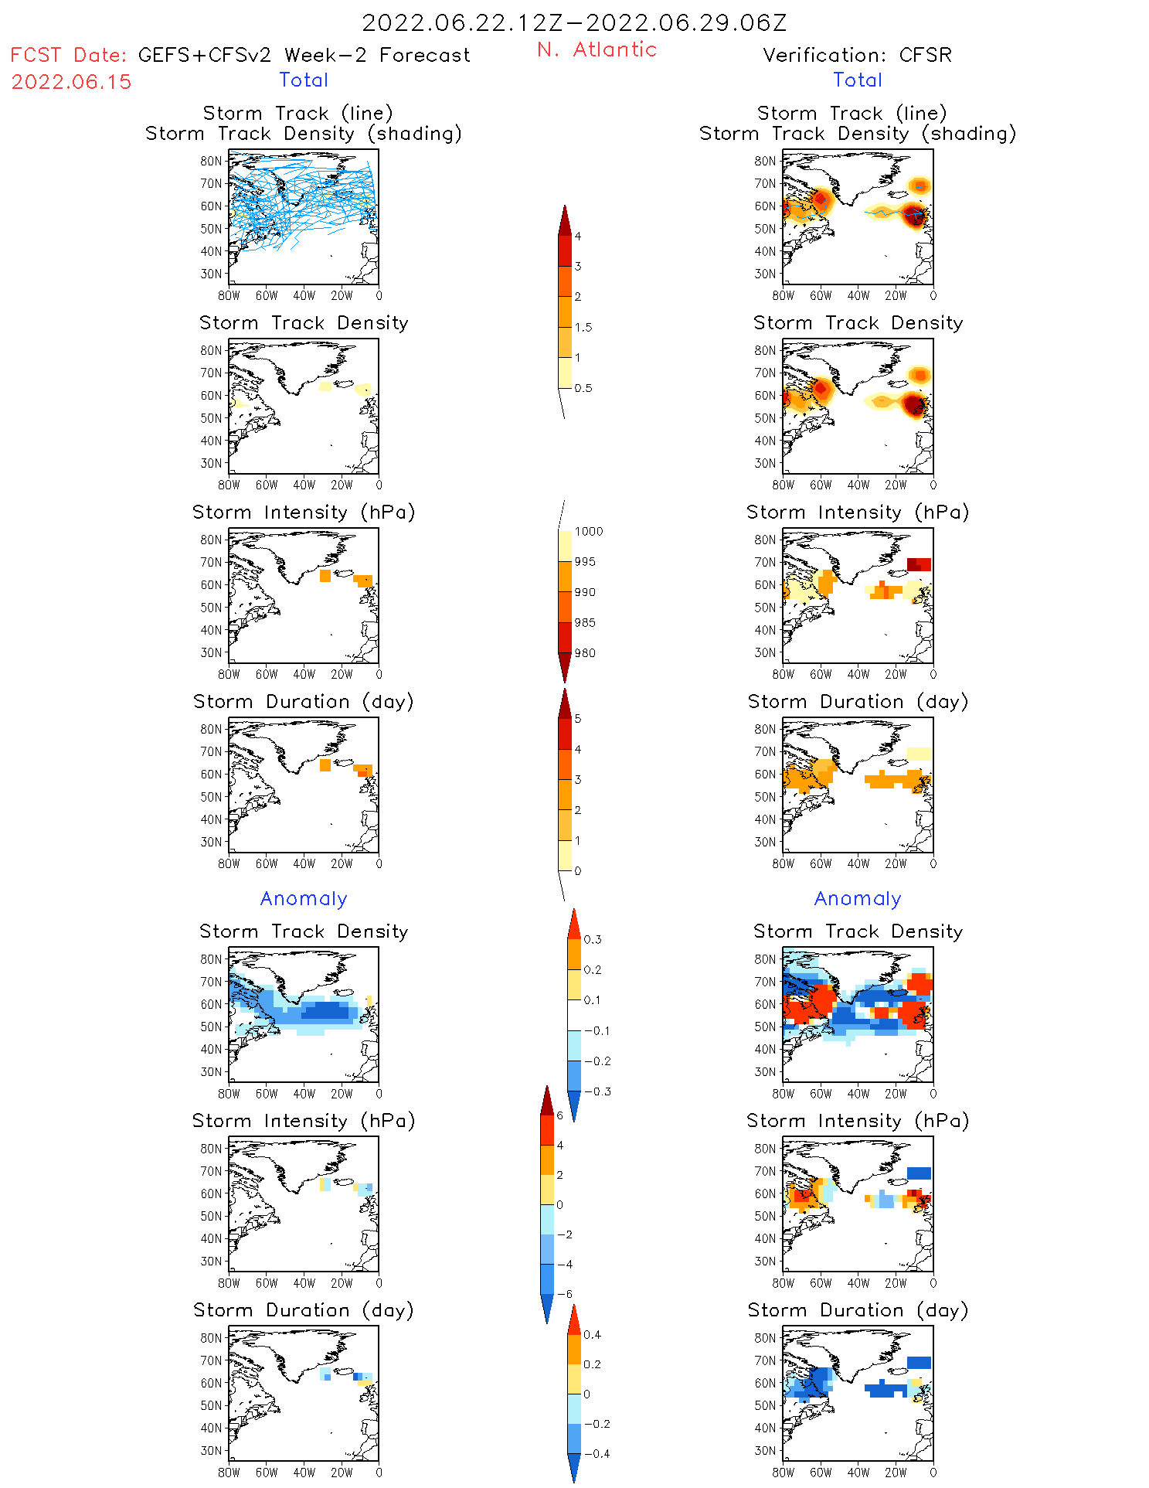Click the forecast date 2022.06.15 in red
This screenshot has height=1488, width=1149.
[71, 82]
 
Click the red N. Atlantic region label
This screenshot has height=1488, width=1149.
[597, 49]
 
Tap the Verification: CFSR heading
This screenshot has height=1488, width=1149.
[857, 55]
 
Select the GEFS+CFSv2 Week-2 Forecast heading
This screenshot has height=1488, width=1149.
[304, 55]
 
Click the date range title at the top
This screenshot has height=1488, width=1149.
[574, 22]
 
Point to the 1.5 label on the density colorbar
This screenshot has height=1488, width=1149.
[583, 327]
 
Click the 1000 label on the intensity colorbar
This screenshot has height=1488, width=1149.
[588, 531]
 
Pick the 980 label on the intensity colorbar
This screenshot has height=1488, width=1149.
[585, 653]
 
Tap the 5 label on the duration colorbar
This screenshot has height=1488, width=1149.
[578, 719]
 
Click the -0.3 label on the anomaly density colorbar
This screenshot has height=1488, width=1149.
[597, 1091]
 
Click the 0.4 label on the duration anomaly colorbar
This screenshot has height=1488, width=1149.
[592, 1334]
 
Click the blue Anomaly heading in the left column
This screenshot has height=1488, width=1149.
[304, 898]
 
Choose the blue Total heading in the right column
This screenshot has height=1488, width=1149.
[858, 80]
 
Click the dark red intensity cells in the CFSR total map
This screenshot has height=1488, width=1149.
[919, 564]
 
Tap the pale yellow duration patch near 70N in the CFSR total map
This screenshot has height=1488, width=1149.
[919, 754]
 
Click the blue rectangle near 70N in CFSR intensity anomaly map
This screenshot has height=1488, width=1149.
[919, 1173]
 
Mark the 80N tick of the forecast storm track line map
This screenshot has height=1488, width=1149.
[211, 161]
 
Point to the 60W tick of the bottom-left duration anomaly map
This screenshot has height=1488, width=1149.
[267, 1473]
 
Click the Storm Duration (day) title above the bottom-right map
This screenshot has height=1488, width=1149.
[858, 1310]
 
